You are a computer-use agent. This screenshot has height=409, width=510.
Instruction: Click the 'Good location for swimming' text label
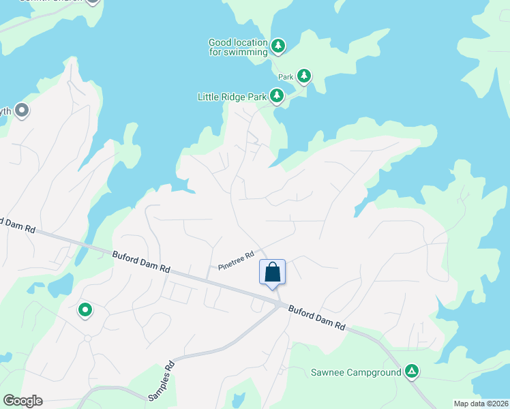coord(238,46)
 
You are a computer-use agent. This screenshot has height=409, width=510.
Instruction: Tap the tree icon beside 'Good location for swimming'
coord(277,46)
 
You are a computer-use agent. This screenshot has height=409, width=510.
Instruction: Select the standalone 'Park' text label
coord(286,77)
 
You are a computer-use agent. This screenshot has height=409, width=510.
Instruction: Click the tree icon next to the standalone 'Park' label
coord(303,76)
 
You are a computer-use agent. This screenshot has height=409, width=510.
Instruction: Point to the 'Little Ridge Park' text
coord(232,97)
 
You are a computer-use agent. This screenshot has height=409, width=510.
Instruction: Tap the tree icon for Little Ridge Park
coord(277,96)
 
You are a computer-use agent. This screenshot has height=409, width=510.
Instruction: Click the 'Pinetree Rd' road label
coord(236,260)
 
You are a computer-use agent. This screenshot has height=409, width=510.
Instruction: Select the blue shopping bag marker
coord(272,272)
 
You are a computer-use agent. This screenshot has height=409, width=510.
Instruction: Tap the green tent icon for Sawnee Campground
coord(411,371)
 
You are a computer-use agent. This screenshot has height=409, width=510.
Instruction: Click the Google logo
coord(22,401)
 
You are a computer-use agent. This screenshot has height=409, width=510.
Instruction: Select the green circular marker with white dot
coord(85,310)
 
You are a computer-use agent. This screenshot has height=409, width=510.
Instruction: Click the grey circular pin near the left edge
coord(22,110)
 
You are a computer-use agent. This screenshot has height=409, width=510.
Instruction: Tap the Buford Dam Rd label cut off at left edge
coord(16,225)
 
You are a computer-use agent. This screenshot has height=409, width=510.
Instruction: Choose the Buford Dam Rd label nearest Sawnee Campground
coord(317,318)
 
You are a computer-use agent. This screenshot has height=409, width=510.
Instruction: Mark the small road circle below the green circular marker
coord(87,338)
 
